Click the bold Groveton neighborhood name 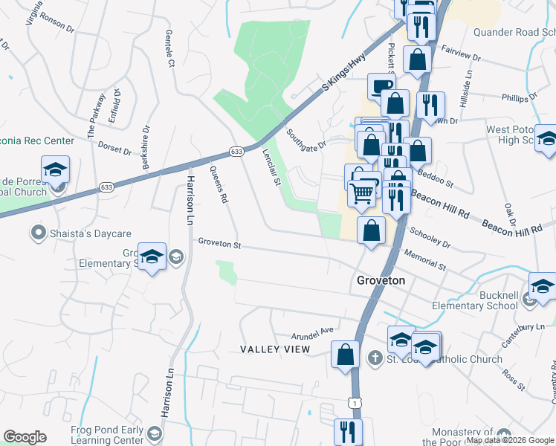(x=381, y=280)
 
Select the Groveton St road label (x=219, y=242)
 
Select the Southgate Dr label (x=306, y=139)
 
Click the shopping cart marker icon (x=362, y=194)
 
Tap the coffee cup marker (x=382, y=85)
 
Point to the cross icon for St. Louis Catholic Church (x=375, y=359)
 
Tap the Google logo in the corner (x=25, y=437)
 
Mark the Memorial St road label (x=425, y=259)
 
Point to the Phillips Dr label (x=519, y=97)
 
